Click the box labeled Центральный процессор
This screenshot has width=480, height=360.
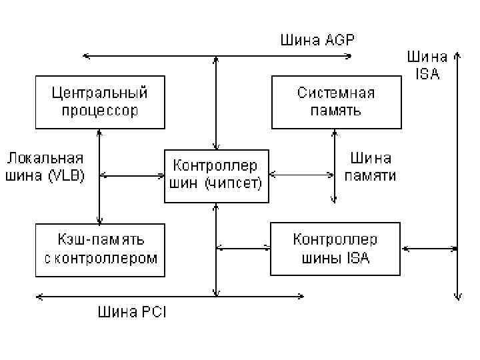[99, 101]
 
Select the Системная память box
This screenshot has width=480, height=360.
[335, 101]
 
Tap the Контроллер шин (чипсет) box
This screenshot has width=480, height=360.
[216, 176]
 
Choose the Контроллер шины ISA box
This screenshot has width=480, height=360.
[335, 249]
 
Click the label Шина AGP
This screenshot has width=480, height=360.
[316, 40]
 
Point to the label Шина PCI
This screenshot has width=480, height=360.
[131, 311]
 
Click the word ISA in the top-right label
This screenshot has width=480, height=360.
[427, 75]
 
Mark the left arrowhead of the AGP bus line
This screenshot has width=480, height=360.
[82, 56]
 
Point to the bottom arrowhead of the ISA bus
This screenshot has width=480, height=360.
[458, 297]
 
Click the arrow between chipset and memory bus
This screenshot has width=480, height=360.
[301, 176]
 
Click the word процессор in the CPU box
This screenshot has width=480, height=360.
[99, 111]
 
